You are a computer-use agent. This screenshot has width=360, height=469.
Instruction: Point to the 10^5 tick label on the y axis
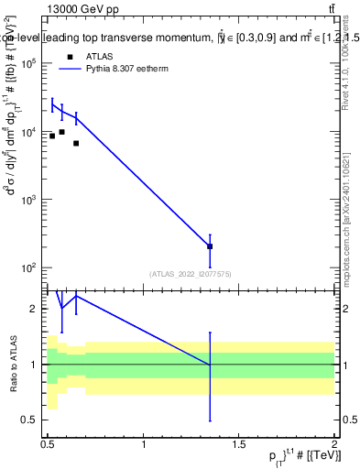click(29, 63)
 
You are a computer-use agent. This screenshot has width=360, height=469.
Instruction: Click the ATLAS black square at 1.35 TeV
click(210, 246)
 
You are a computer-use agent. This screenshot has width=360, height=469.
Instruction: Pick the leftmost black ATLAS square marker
click(52, 136)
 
